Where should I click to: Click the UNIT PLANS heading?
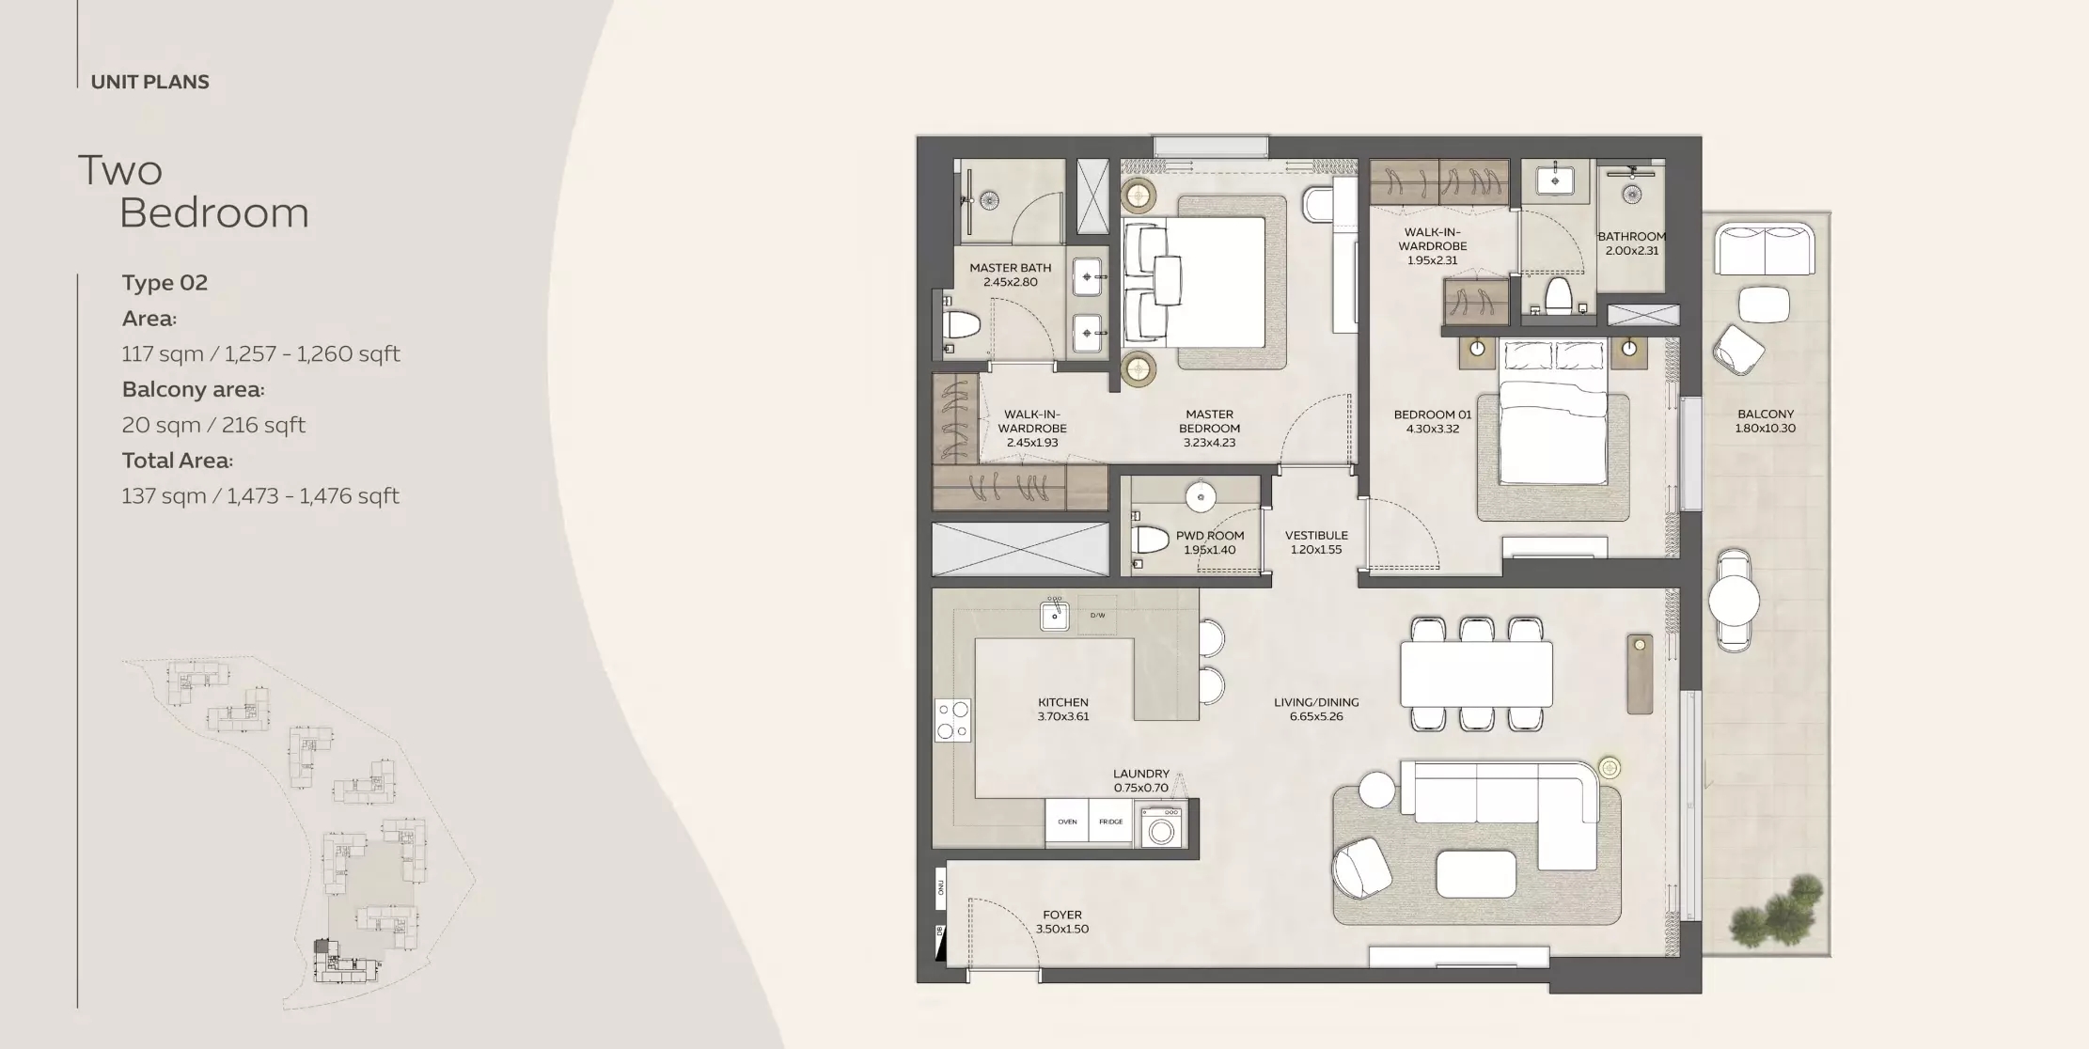pyautogui.click(x=149, y=82)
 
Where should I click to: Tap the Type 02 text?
pyautogui.click(x=165, y=283)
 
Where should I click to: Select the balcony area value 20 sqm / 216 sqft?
pyautogui.click(x=213, y=425)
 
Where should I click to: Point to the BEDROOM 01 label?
pyautogui.click(x=1432, y=421)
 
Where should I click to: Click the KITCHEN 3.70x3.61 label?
pyautogui.click(x=1062, y=709)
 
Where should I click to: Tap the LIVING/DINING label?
pyautogui.click(x=1315, y=709)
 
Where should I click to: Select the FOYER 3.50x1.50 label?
pyautogui.click(x=1061, y=921)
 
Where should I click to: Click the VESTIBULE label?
pyautogui.click(x=1315, y=542)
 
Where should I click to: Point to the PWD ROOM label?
pyautogui.click(x=1209, y=542)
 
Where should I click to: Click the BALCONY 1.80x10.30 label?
pyautogui.click(x=1765, y=420)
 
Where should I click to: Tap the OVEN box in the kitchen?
pyautogui.click(x=1067, y=822)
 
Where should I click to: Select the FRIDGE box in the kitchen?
pyautogui.click(x=1110, y=822)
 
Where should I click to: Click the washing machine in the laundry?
pyautogui.click(x=1163, y=830)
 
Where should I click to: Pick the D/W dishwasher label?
pyautogui.click(x=1097, y=616)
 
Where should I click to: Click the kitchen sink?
pyautogui.click(x=1054, y=617)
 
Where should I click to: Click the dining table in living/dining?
pyautogui.click(x=1475, y=674)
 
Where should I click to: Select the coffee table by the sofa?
pyautogui.click(x=1475, y=874)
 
